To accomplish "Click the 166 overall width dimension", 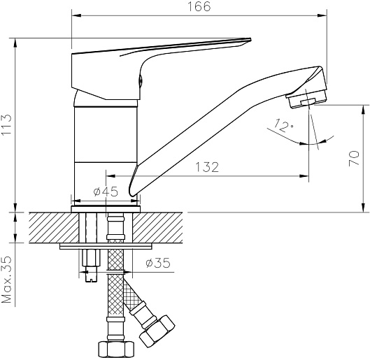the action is point(199,6).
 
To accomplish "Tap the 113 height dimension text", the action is point(6,124).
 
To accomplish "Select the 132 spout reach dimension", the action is point(207,167).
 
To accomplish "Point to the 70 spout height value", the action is point(354,158).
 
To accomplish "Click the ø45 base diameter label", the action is point(106,192).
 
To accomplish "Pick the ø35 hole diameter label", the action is point(158,263).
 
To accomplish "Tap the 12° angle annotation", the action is point(284,125).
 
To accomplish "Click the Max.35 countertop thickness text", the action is point(6,280).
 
